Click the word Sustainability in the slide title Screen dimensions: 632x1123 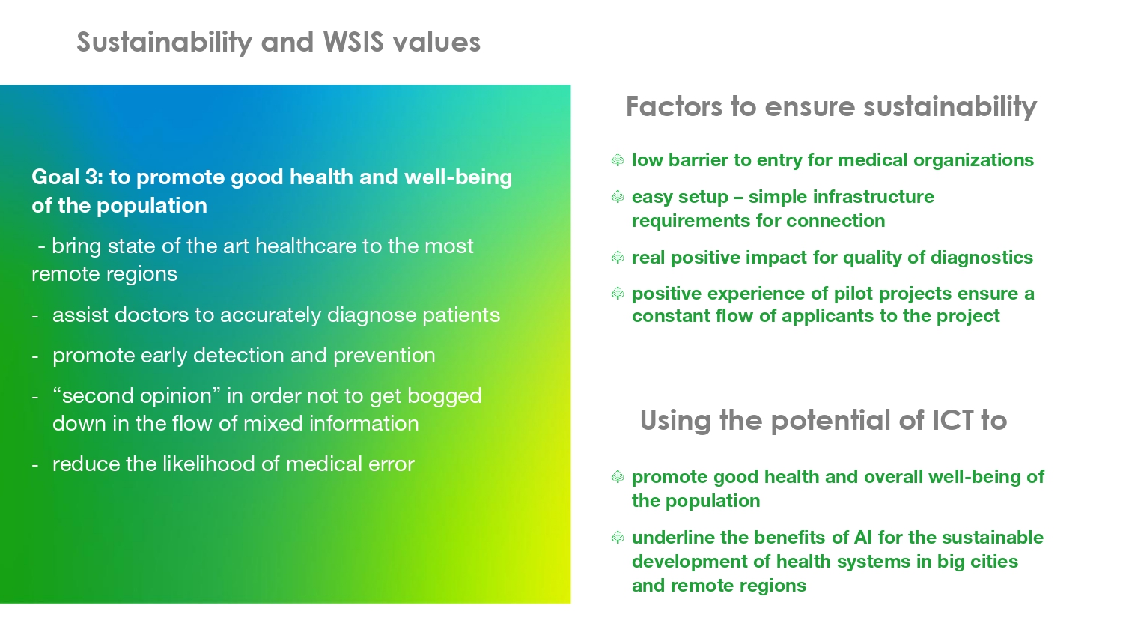tap(164, 43)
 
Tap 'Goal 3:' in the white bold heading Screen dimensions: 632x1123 tap(67, 177)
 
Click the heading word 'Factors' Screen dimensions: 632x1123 tap(675, 107)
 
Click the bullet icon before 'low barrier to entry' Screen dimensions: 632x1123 tap(618, 160)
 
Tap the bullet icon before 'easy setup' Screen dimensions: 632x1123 tap(618, 197)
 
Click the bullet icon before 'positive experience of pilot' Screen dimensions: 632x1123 tap(618, 294)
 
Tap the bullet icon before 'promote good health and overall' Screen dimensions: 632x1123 tap(618, 477)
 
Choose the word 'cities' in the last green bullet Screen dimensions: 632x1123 tap(993, 562)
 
